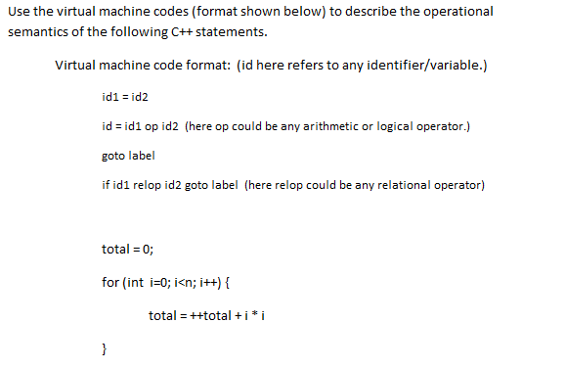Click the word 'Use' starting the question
(x=20, y=12)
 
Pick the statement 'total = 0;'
(x=128, y=249)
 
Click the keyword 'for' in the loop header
(x=110, y=283)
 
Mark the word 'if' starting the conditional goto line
(x=106, y=185)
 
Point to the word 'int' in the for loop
(x=136, y=283)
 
